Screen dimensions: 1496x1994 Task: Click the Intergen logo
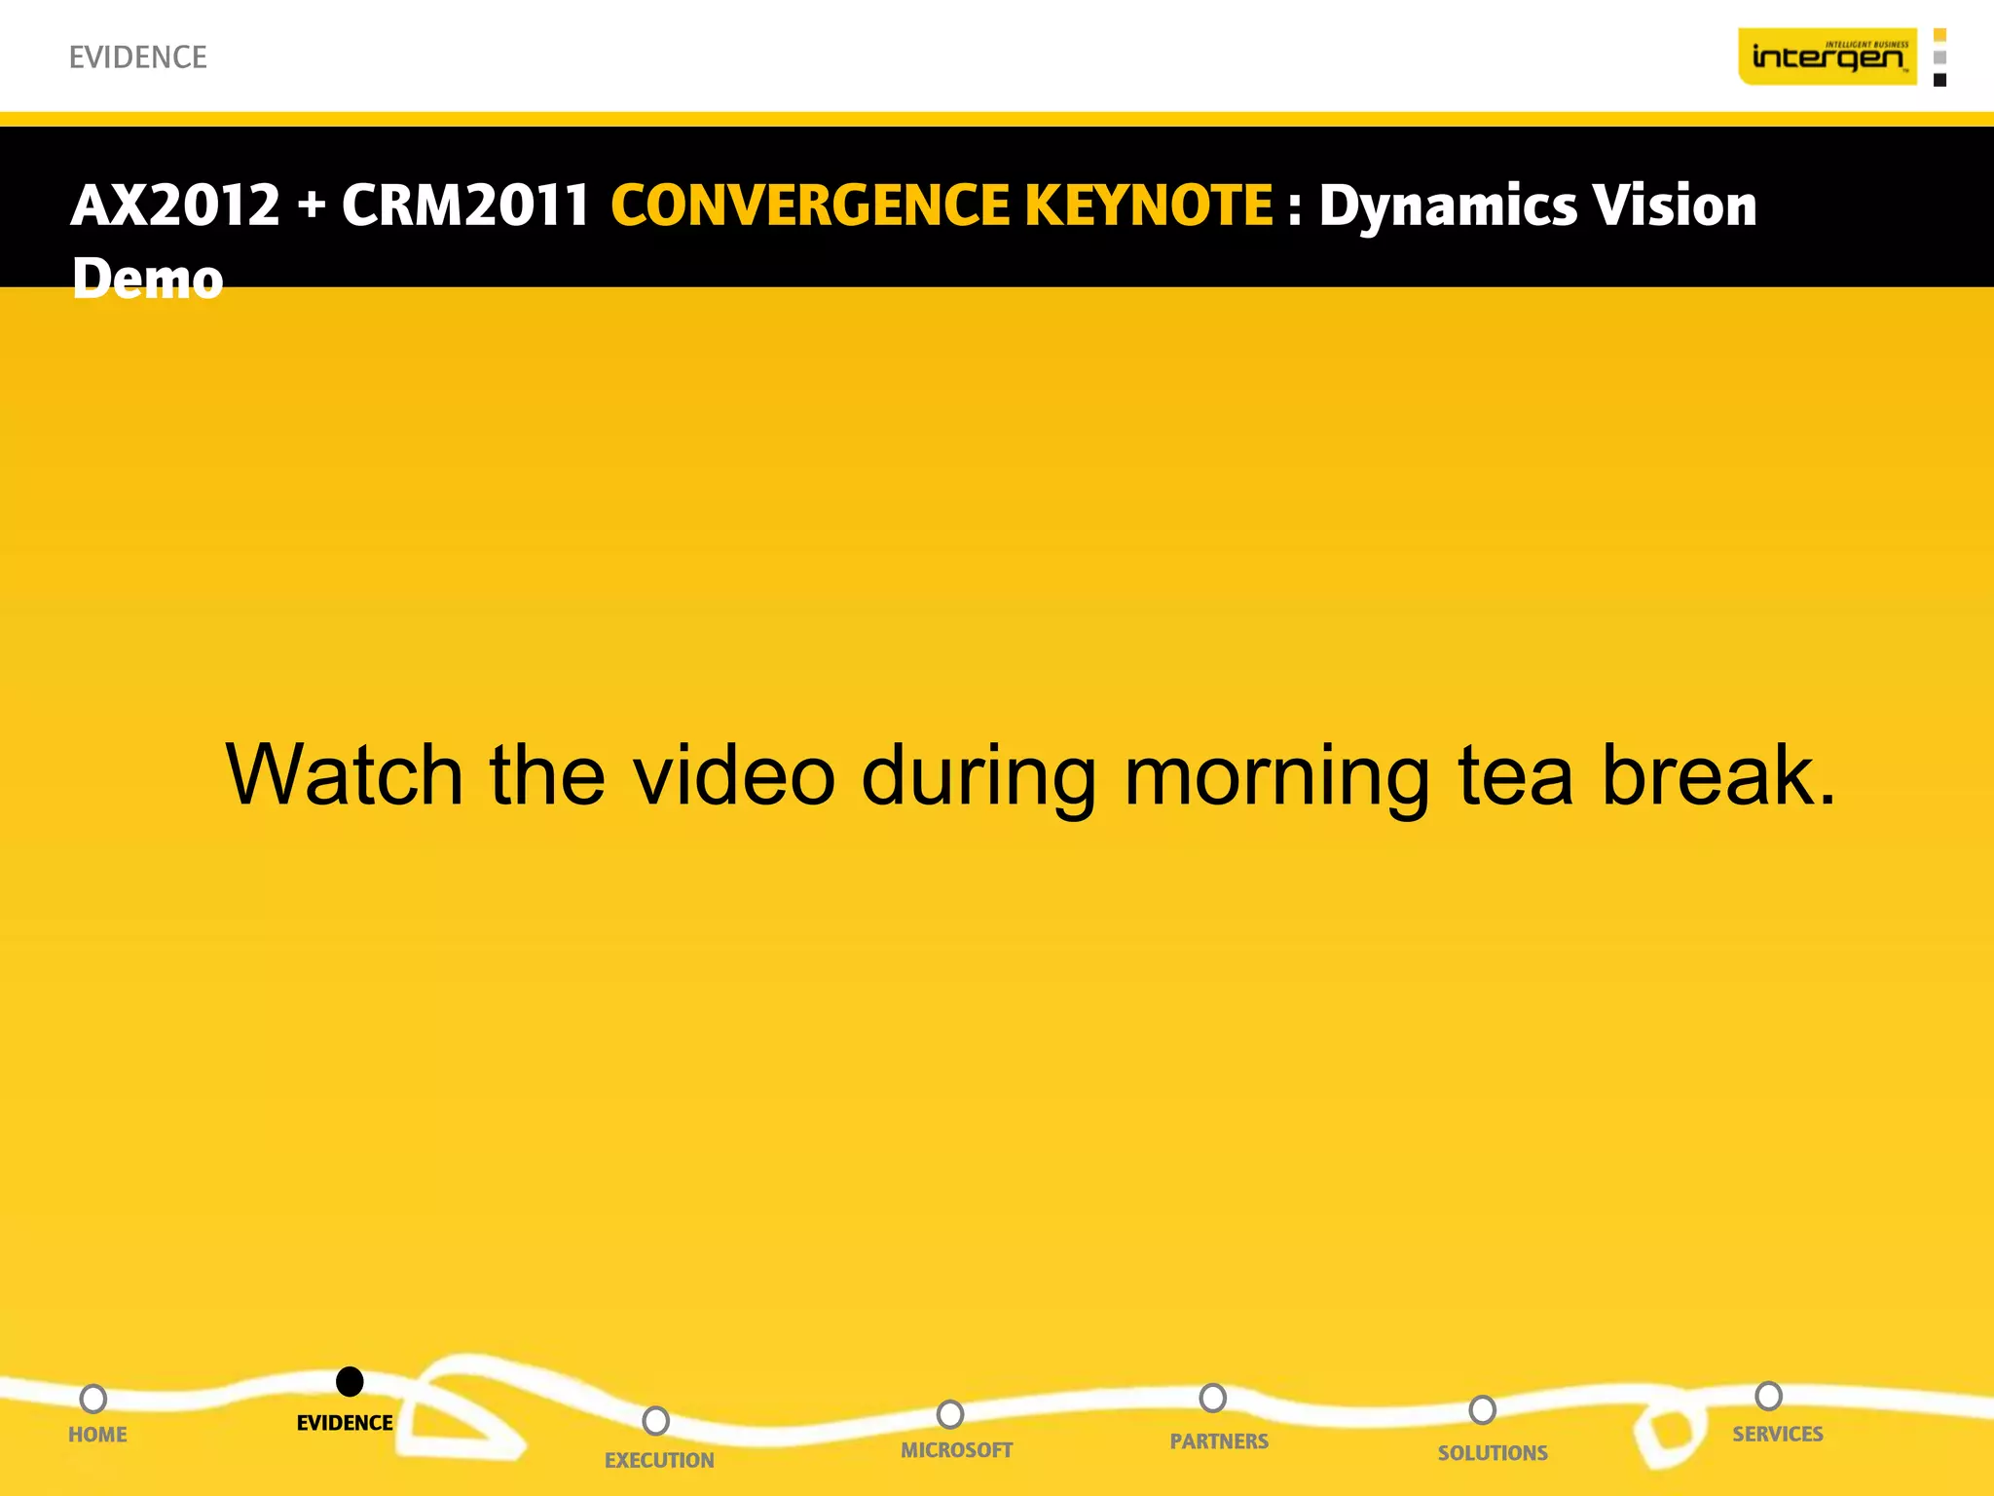[x=1828, y=56]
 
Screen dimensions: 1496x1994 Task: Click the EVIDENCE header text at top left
[x=138, y=57]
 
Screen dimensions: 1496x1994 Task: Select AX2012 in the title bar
[x=175, y=206]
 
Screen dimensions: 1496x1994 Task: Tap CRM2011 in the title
[x=465, y=206]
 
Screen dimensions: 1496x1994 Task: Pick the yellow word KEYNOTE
[x=1148, y=206]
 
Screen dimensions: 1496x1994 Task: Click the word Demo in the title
[x=148, y=280]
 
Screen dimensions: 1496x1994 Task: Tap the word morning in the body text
[x=1276, y=777]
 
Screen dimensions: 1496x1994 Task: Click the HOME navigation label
[x=97, y=1435]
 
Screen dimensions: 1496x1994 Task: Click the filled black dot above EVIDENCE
[x=350, y=1381]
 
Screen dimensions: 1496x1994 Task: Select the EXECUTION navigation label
[x=659, y=1460]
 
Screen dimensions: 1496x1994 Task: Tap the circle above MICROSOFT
[x=950, y=1414]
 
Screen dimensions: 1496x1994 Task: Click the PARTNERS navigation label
[x=1219, y=1441]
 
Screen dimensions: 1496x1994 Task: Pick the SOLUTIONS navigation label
[x=1493, y=1453]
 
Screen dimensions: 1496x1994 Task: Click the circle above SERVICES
[x=1768, y=1396]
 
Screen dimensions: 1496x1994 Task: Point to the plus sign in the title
[x=312, y=207]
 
